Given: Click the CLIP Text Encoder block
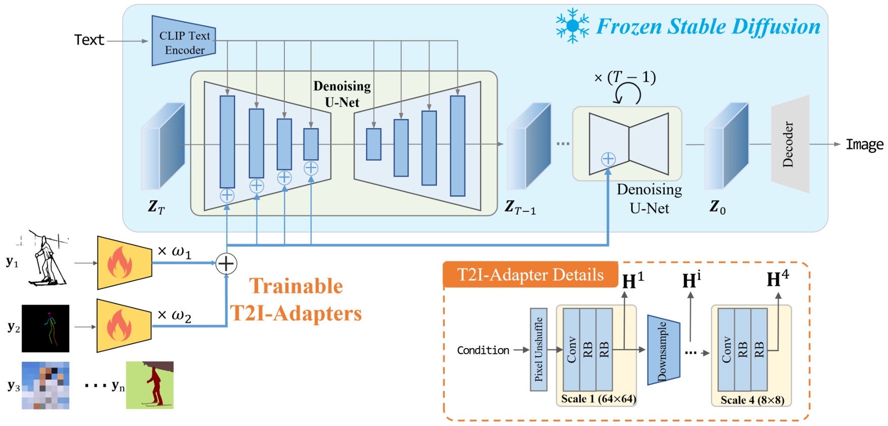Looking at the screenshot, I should point(184,41).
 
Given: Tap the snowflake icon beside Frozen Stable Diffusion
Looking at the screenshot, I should point(572,25).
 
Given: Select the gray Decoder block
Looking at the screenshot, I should point(790,144).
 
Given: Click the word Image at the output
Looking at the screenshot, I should point(864,145).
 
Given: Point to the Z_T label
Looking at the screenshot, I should point(156,206).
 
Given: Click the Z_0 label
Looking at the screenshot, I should point(717,206).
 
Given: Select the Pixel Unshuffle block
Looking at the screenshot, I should point(538,350).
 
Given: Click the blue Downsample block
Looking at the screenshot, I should point(663,350).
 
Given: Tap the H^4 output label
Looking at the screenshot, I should point(777,279).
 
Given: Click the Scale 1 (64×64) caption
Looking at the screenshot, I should point(598,399).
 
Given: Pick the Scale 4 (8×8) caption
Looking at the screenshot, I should point(752,400).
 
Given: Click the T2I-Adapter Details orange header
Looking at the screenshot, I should point(530,275).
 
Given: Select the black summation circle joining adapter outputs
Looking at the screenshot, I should point(226,264).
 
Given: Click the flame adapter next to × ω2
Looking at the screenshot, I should point(123,326).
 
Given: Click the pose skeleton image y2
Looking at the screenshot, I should point(46,328).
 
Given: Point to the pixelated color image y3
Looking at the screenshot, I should point(46,385).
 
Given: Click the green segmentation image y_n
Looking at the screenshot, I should point(150,385).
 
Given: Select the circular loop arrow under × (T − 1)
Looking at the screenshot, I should point(627,94).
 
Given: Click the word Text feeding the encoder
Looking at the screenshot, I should point(89,40).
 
